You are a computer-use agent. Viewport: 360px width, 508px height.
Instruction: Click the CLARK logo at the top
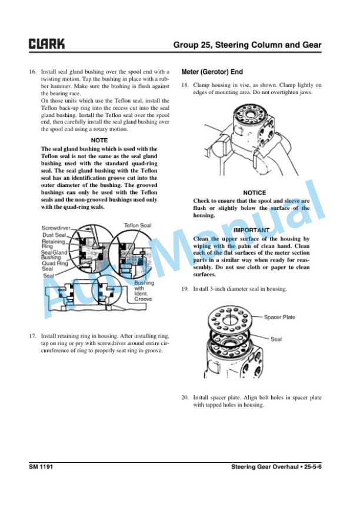pos(48,45)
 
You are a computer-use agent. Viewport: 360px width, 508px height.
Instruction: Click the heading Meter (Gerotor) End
pos(212,72)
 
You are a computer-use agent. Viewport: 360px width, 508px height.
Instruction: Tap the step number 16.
pos(33,72)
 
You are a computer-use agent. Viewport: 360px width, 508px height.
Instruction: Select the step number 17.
pos(33,337)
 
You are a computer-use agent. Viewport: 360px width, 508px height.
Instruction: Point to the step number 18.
pos(185,86)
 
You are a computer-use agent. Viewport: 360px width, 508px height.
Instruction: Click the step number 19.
pos(185,289)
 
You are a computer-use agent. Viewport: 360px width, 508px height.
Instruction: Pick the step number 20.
pos(185,397)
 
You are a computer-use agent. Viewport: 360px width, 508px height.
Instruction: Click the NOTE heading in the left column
pos(99,141)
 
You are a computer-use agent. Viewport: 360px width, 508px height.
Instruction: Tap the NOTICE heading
pos(254,193)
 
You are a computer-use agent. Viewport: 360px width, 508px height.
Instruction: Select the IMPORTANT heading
pos(251,230)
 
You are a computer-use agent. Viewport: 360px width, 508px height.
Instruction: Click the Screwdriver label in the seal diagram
pos(56,228)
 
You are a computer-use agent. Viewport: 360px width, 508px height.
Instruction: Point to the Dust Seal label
pos(54,235)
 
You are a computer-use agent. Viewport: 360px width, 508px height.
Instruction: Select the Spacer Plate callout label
pos(279,317)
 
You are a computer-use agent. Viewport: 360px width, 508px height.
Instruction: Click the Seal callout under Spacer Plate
pos(276,339)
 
